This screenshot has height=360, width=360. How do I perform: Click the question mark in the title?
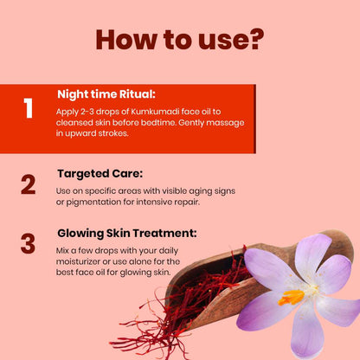pos(254,39)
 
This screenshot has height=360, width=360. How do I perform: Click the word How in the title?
pos(126,39)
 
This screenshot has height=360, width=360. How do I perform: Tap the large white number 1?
pos(28,108)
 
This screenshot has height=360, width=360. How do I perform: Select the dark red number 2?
pos(29,184)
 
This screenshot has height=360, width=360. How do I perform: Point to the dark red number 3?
pos(28,244)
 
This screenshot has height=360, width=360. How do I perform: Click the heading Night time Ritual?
pos(106,94)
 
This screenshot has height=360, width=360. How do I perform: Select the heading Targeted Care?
pos(100,174)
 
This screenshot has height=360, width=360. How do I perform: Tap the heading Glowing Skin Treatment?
pos(127,233)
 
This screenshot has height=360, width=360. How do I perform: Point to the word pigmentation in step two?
pos(93,202)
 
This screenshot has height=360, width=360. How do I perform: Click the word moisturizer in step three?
pos(78,261)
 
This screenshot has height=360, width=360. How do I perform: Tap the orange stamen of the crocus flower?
pos(291,298)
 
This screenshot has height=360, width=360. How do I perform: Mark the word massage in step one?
pos(225,123)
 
